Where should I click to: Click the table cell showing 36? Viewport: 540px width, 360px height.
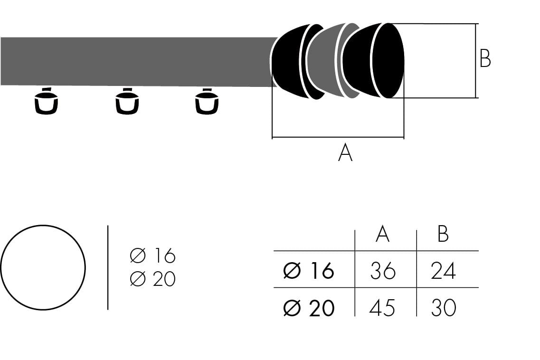pos(382,271)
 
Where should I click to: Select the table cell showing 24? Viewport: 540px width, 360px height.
pos(443,271)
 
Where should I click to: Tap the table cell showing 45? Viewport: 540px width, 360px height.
pos(382,308)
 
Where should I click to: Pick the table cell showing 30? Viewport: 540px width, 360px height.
pos(443,308)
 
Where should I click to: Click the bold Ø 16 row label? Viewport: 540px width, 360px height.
pos(309,271)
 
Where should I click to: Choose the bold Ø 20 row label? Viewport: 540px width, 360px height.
pos(309,308)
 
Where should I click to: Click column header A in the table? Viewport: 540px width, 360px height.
pos(382,234)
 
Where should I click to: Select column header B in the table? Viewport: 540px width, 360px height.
pos(443,234)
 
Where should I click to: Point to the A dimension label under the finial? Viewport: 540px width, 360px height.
pos(345,153)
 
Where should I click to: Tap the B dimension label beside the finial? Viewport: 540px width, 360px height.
pos(485,59)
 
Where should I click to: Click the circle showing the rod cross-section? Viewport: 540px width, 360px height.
pos(43,267)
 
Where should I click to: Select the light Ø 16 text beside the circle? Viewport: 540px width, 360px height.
pos(152,256)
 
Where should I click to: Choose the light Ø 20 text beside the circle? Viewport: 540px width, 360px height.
pos(152,279)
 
